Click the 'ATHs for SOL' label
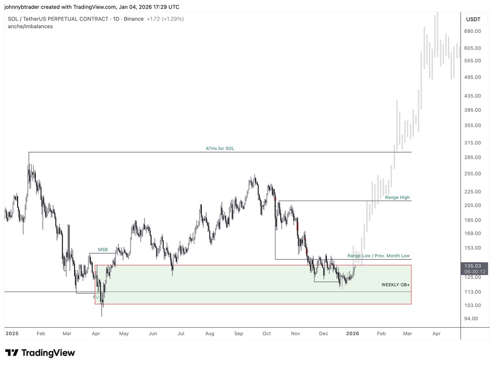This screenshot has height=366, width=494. pos(220,148)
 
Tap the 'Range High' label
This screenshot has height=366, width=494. pos(397,197)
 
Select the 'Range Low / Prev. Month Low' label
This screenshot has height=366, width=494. pos(378,256)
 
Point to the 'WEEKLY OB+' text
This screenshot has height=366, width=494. pos(395,285)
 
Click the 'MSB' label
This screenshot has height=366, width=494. pos(103,250)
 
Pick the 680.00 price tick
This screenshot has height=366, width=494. pos(473,31)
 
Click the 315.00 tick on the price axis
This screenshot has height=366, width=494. pos(473,143)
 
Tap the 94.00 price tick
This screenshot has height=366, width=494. pos(471,318)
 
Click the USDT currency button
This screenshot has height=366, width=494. pos(473,19)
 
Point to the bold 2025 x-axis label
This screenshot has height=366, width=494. pos(12,334)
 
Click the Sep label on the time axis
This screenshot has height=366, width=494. pos(239,334)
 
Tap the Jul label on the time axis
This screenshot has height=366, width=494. pos(180,334)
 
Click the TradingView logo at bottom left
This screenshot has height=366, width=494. pos(40,353)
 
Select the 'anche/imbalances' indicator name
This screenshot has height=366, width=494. pos(30,26)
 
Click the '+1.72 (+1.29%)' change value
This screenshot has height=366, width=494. pos(165,19)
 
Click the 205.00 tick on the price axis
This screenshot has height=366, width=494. pos(473,205)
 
